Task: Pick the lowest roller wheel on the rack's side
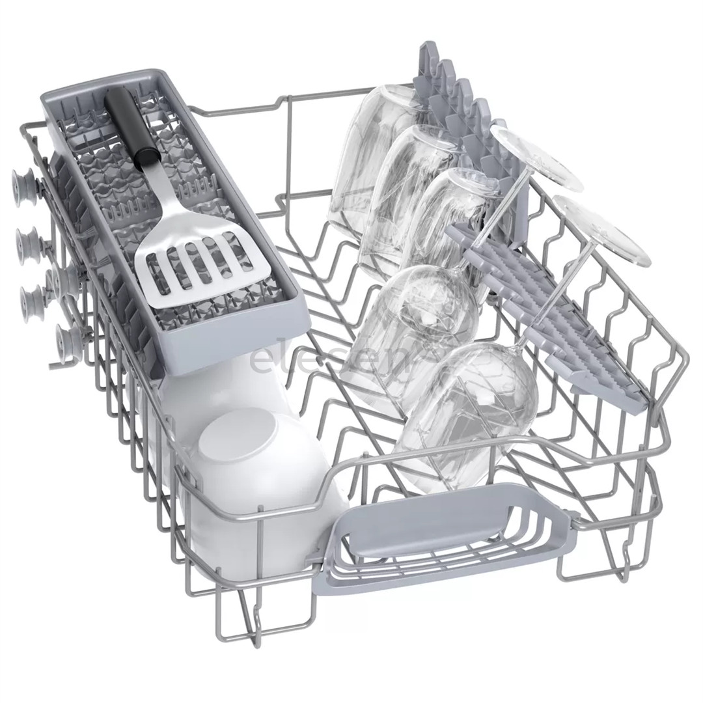pyautogui.click(x=69, y=338)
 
